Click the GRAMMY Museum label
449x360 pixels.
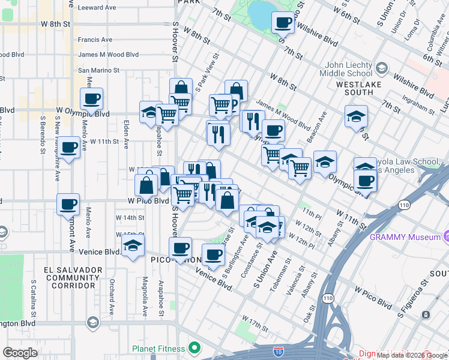(x=406, y=236)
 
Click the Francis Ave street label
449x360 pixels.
(x=95, y=40)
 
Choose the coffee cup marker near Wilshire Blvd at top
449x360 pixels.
(x=283, y=23)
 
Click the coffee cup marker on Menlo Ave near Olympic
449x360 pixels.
(x=91, y=99)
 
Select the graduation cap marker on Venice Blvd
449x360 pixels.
(x=133, y=245)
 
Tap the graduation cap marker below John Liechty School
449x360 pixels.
(x=356, y=116)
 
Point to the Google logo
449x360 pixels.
(x=20, y=353)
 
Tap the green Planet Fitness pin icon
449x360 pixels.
(x=194, y=347)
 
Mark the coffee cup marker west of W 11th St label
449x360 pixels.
(x=69, y=148)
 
